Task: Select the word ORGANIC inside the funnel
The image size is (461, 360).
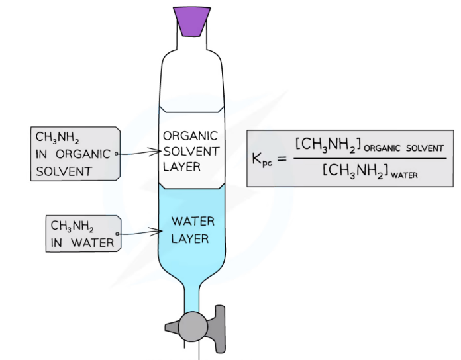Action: point(191,136)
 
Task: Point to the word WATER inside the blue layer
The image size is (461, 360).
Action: point(192,222)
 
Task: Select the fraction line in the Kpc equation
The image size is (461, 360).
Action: point(367,157)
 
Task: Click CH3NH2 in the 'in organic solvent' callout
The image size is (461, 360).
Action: point(58,138)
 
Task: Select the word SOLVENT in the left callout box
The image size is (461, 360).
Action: point(64,171)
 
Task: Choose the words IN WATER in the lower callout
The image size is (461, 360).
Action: point(82,243)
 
